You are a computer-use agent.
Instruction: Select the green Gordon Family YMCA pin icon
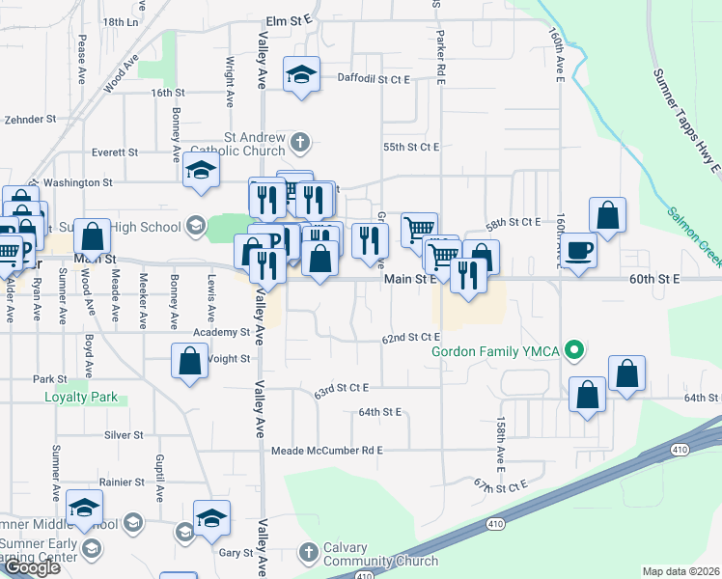pyautogui.click(x=575, y=349)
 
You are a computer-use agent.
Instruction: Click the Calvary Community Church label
pyautogui.click(x=380, y=554)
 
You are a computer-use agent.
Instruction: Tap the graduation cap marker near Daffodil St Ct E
pyautogui.click(x=301, y=74)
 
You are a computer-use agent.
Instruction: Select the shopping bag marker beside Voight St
pyautogui.click(x=190, y=361)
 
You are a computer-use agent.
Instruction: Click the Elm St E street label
pyautogui.click(x=290, y=18)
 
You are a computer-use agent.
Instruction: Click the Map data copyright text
pyautogui.click(x=680, y=571)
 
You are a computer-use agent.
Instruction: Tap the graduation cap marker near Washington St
pyautogui.click(x=201, y=169)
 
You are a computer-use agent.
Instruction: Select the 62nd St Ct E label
pyautogui.click(x=410, y=338)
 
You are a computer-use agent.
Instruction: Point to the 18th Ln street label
pyautogui.click(x=121, y=21)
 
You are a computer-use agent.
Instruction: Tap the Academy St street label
pyautogui.click(x=221, y=332)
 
